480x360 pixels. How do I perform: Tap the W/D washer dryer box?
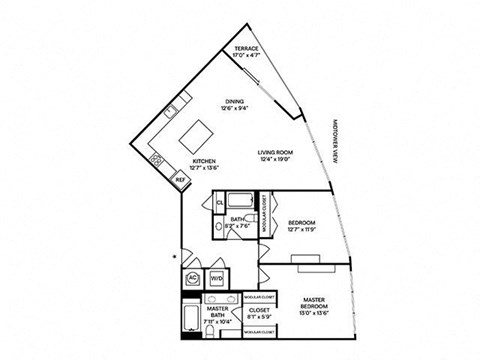[215, 279]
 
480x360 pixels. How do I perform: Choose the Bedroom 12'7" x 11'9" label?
[301, 225]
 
